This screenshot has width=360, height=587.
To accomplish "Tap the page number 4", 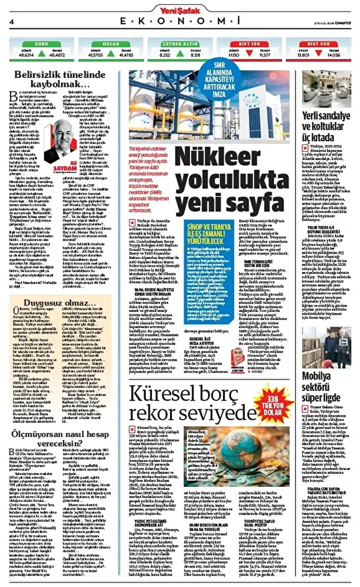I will (x=11, y=21).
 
